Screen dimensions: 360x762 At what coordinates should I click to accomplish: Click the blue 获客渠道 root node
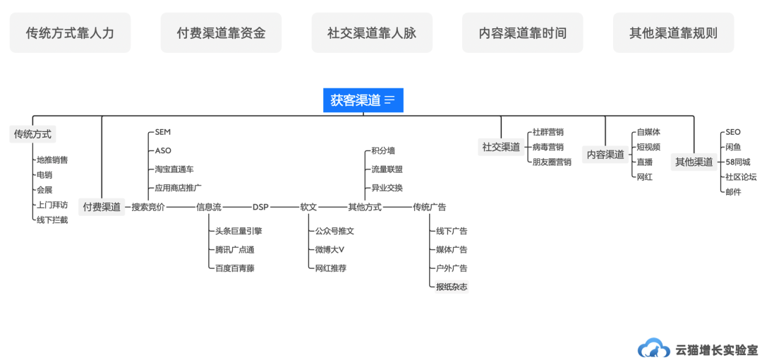(363, 100)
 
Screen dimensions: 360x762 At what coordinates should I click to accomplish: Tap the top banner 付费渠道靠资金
(221, 32)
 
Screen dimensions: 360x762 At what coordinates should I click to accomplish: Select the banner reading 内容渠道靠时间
(522, 32)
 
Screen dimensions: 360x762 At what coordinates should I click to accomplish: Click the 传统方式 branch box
(32, 134)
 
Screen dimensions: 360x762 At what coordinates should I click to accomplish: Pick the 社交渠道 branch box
(501, 147)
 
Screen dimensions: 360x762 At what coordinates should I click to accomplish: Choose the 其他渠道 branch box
(694, 162)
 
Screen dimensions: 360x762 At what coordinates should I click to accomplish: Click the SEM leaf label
(163, 132)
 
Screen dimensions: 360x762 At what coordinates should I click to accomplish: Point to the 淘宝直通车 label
(174, 169)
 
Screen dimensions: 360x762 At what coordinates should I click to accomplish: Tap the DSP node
(260, 207)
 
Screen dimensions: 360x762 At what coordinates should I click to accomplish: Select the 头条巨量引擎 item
(238, 231)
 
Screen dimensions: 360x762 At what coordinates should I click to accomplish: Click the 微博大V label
(329, 249)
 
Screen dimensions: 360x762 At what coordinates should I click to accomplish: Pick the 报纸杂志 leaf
(452, 287)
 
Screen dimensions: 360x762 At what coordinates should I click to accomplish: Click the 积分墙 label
(383, 150)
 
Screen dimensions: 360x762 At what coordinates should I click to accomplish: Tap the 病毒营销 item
(548, 147)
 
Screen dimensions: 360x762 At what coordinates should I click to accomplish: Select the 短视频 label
(648, 147)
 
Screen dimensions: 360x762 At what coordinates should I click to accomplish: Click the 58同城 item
(737, 162)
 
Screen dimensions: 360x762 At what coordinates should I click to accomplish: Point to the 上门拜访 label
(52, 205)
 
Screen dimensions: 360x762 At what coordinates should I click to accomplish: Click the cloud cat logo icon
(654, 348)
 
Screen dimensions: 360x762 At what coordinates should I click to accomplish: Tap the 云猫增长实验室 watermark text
(716, 349)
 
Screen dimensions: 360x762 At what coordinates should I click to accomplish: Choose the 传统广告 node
(429, 207)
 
